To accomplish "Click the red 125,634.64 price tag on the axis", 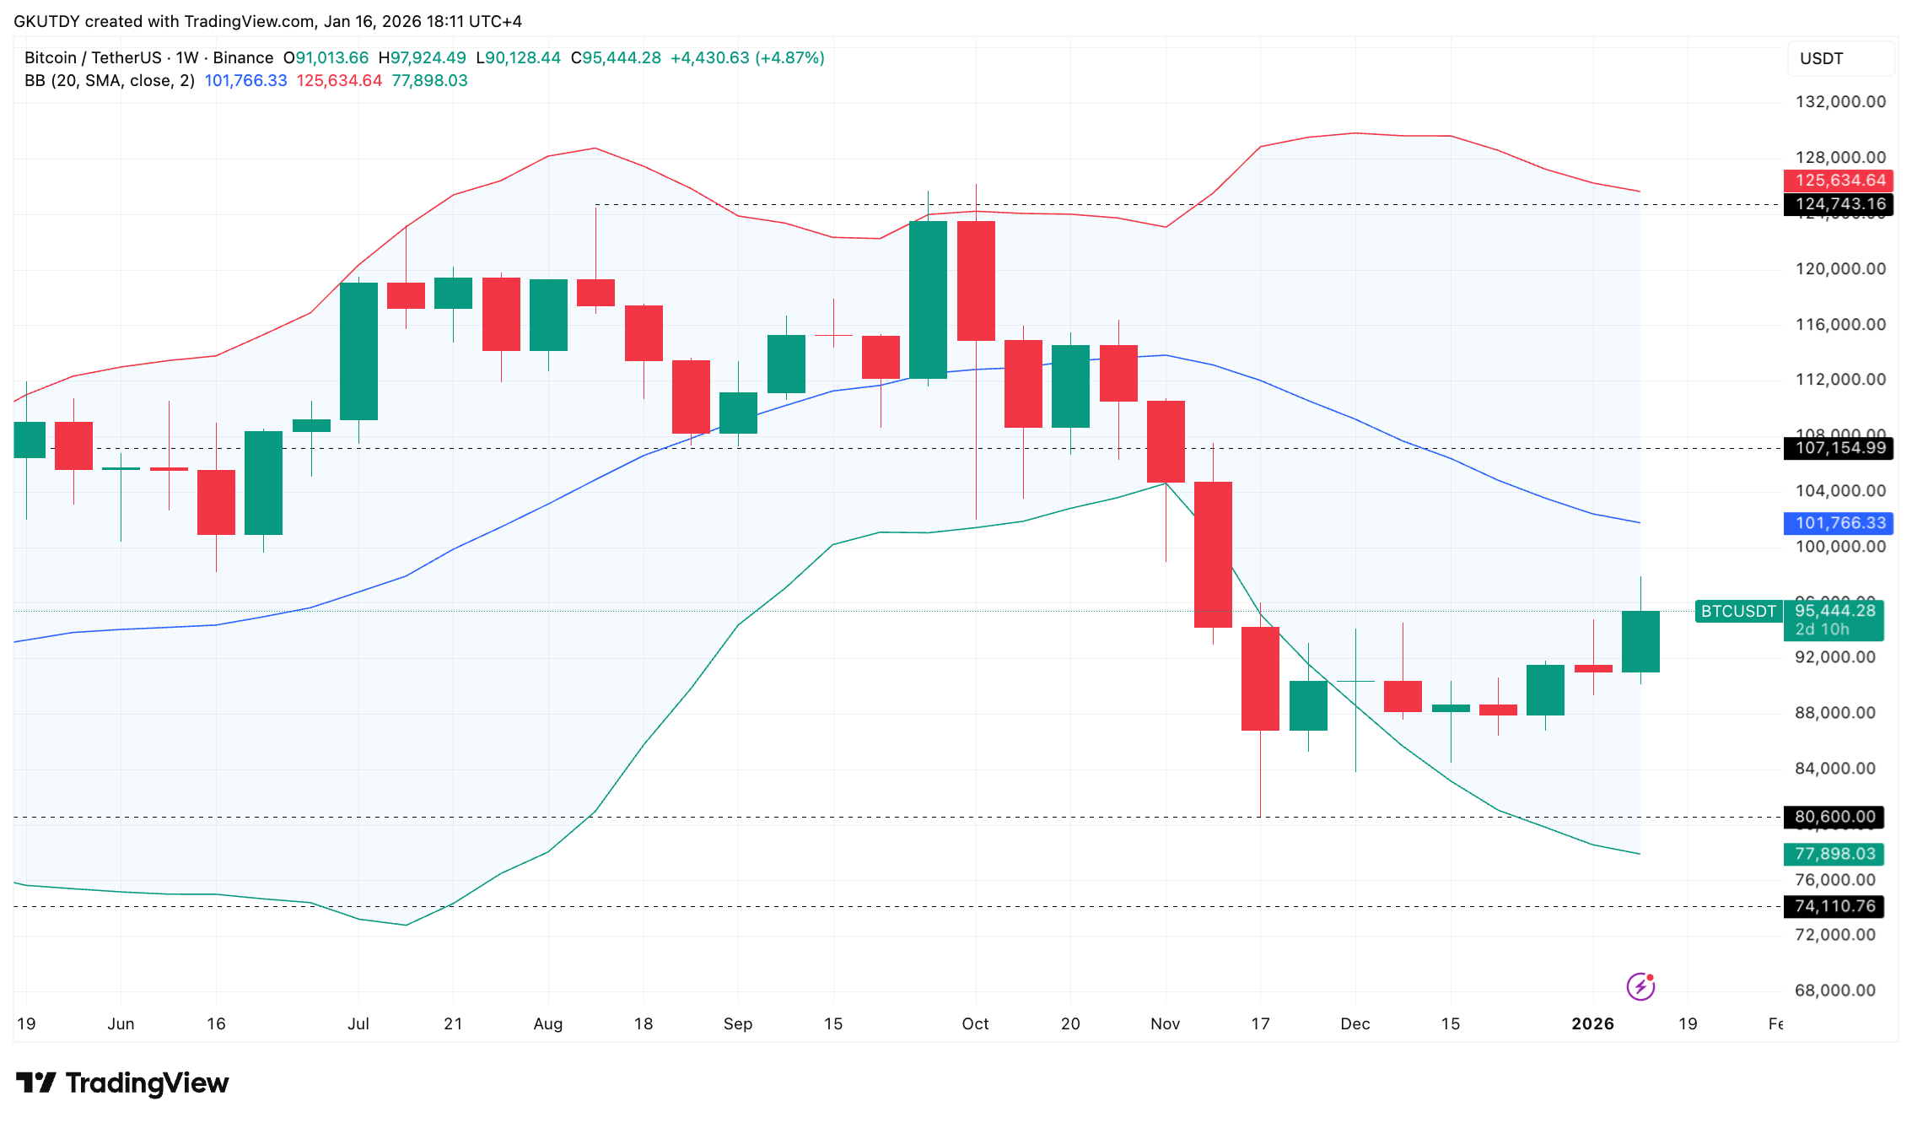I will tap(1838, 181).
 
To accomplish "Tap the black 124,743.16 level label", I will tap(1838, 204).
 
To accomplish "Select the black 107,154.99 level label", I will tap(1838, 448).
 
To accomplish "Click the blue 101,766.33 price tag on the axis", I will tap(1838, 523).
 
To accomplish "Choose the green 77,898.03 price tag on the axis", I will tap(1834, 854).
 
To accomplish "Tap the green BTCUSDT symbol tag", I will tap(1738, 612).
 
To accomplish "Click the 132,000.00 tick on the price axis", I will tap(1840, 102).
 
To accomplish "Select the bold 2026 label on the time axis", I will tap(1592, 1023).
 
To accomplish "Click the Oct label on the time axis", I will tap(975, 1023).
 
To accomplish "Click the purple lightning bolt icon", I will tap(1640, 985).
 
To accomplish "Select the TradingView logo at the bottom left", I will tap(123, 1083).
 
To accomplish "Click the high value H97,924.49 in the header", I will tap(422, 58).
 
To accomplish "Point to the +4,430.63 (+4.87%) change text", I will tap(747, 58).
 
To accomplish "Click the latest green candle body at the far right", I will tap(1640, 641).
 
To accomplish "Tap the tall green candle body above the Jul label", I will tap(358, 351).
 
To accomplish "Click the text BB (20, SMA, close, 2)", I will tap(110, 81).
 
